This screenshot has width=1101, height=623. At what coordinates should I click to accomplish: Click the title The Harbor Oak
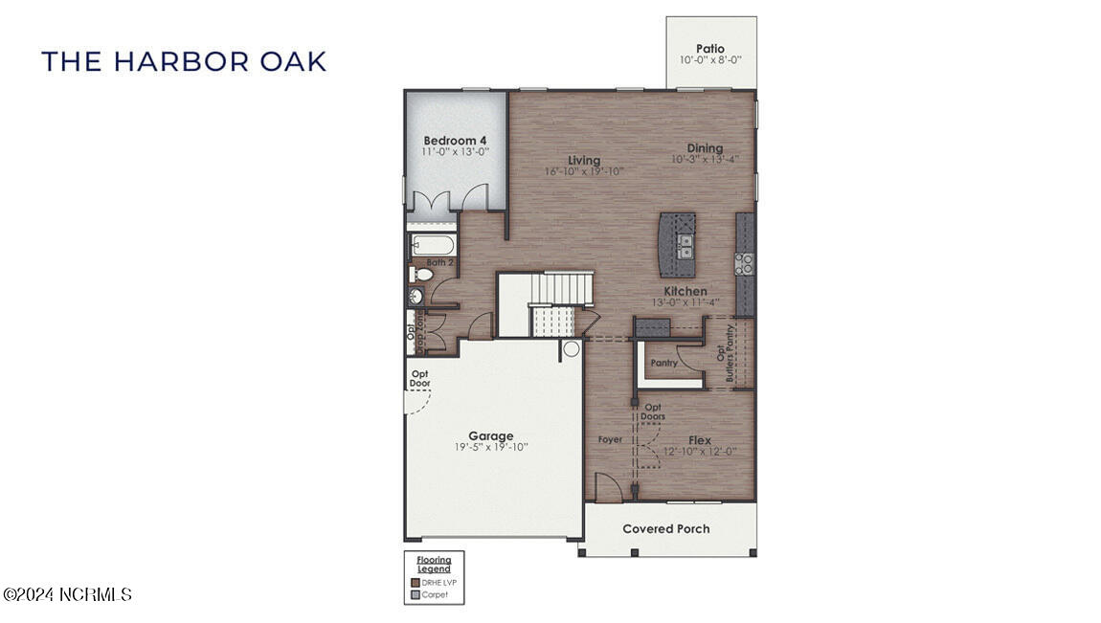(x=184, y=61)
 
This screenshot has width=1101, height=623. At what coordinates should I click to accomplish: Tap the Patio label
(x=710, y=49)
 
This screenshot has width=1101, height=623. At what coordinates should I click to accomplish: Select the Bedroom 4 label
(x=456, y=141)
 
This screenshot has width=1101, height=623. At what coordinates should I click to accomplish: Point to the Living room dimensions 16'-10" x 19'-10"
(x=584, y=172)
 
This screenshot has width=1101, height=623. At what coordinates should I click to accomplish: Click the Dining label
(x=705, y=148)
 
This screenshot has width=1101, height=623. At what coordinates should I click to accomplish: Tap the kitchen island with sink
(x=677, y=246)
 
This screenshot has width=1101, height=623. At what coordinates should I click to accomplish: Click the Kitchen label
(x=686, y=291)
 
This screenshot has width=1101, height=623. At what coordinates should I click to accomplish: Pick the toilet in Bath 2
(x=421, y=275)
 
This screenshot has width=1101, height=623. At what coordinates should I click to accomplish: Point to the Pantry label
(x=664, y=363)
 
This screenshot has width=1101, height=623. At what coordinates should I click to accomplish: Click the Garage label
(x=490, y=436)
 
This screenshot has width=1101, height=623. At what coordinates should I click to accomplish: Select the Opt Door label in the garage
(x=419, y=379)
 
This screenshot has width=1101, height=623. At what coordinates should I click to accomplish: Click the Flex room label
(x=700, y=440)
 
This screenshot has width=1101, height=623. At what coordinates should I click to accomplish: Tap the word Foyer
(x=610, y=440)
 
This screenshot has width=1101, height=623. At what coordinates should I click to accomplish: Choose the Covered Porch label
(x=666, y=529)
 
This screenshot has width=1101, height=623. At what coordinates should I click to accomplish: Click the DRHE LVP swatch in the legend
(x=416, y=582)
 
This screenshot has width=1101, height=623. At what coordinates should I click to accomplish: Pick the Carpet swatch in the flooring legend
(x=416, y=594)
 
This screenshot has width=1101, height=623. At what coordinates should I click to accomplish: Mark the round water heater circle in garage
(x=572, y=349)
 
